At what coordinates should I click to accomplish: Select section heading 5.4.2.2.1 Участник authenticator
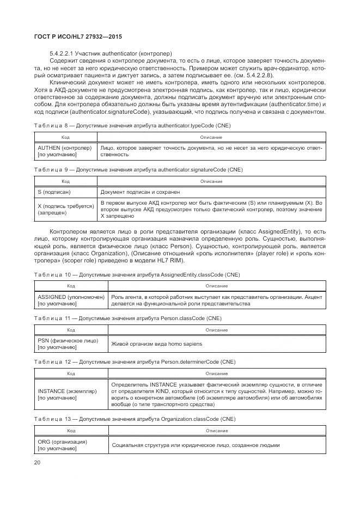[x=111, y=53]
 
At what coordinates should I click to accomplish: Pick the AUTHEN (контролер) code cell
[x=64, y=151]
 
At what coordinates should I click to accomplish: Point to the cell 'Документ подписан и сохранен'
[x=140, y=192]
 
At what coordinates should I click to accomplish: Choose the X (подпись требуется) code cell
[x=64, y=209]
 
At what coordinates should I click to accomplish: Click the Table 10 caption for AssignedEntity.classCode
[x=137, y=274]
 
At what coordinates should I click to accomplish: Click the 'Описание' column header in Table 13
[x=216, y=431]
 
